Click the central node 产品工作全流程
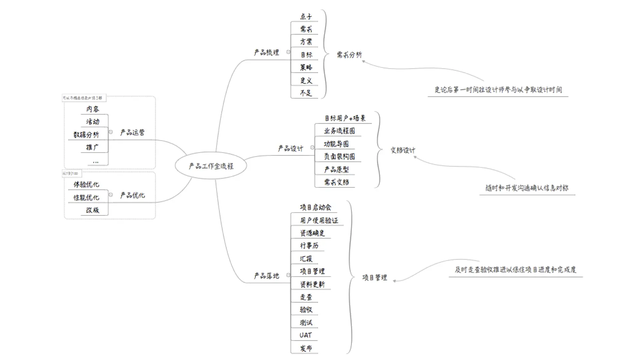point(211,166)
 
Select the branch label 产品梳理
point(266,52)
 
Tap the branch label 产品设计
point(290,148)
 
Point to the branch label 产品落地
point(266,276)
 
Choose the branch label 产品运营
point(132,132)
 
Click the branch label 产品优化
point(132,195)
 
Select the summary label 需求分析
point(349,55)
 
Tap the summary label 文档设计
point(403,150)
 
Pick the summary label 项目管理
point(375,277)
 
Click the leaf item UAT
point(305,335)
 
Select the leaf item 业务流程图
point(339,131)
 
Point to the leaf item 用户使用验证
point(319,220)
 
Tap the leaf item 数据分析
point(86,135)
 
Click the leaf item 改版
point(92,210)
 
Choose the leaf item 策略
point(306,67)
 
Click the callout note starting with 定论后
point(498,90)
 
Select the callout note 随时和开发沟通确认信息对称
point(527,188)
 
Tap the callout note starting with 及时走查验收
point(515,270)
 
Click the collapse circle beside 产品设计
point(312,147)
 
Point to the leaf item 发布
point(306,348)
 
